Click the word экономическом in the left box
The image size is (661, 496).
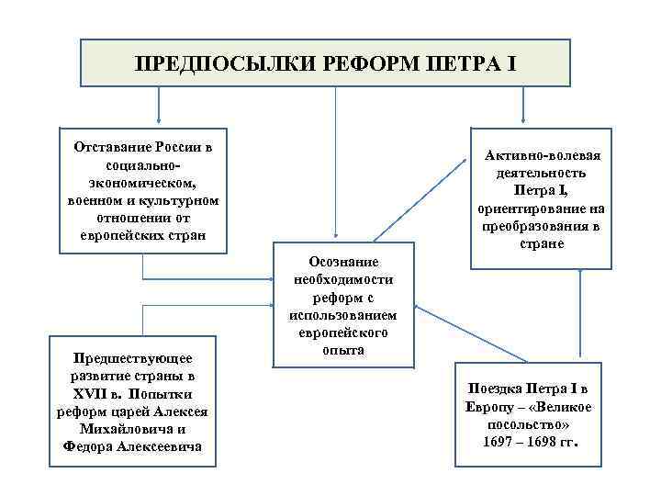[x=143, y=184]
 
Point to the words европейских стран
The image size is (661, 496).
[x=143, y=236]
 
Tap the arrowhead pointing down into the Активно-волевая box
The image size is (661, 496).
[x=524, y=119]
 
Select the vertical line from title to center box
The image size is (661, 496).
[x=334, y=165]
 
